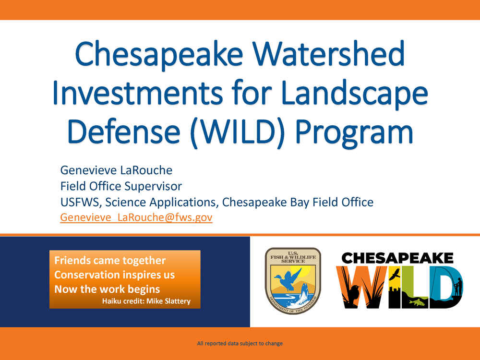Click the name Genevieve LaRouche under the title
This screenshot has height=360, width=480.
116,170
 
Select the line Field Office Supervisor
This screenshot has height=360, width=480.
121,186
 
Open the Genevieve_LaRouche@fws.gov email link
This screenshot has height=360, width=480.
136,217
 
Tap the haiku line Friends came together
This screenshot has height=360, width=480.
110,261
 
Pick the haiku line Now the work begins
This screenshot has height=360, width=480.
107,289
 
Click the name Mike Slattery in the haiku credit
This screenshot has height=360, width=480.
168,301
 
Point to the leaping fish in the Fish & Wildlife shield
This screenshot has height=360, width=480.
305,293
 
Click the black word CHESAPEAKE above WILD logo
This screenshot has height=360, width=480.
397,258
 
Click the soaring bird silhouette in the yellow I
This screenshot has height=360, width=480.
395,274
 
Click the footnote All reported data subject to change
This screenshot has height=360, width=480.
240,344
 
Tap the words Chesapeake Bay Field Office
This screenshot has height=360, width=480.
298,203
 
